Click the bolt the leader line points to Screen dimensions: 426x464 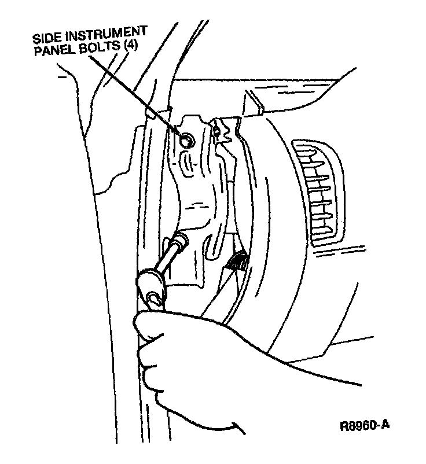tap(185, 141)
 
